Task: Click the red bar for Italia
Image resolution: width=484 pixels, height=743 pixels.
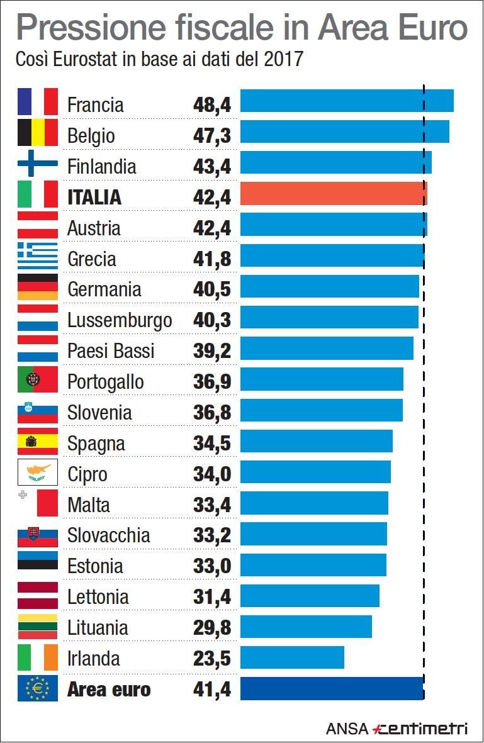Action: pos(334,194)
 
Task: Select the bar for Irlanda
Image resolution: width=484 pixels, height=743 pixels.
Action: pos(292,657)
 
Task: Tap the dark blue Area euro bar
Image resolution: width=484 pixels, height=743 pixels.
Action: pos(332,688)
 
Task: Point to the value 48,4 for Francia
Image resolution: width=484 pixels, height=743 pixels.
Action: pos(212,104)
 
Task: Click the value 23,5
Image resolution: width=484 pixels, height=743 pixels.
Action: pos(212,659)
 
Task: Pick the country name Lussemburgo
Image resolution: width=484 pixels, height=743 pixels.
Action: pos(120,320)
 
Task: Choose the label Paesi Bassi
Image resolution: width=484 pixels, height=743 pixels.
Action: pos(111,351)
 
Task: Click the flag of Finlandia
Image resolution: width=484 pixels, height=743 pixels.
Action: pos(38,163)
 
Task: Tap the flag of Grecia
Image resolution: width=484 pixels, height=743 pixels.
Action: pos(38,255)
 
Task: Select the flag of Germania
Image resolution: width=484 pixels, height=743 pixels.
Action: pos(38,286)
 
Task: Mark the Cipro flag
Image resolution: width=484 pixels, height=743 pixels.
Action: pos(38,471)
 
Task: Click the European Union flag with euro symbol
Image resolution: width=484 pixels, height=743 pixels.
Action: pos(38,688)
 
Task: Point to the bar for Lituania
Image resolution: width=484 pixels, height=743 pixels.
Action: pos(306,626)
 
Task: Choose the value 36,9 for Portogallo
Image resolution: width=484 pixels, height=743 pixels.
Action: pos(212,382)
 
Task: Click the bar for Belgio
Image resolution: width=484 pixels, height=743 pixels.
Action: pos(344,132)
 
